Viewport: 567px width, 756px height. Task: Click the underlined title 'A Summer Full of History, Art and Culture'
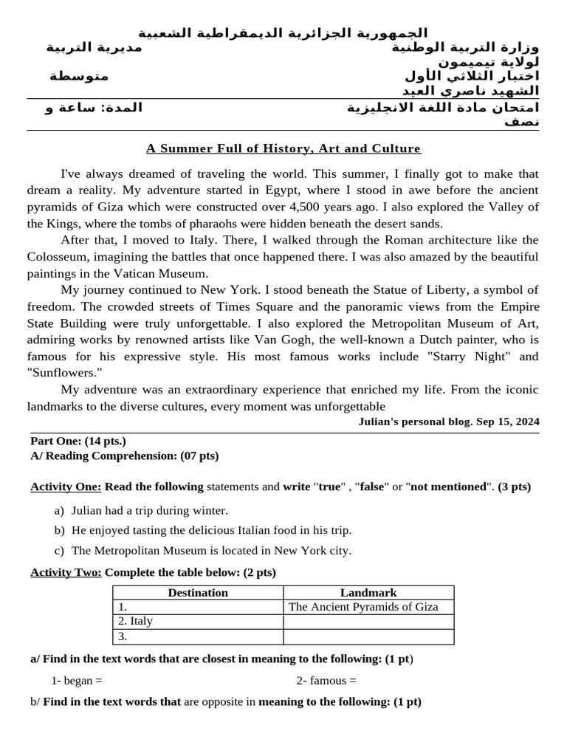click(x=283, y=148)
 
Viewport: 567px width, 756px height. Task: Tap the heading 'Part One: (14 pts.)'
click(x=78, y=441)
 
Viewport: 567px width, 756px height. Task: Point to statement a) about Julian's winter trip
click(x=149, y=510)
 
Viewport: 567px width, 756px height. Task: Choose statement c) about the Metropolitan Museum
click(x=210, y=550)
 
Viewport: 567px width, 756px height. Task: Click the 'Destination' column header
click(x=198, y=592)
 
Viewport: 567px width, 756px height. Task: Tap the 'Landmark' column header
click(x=368, y=592)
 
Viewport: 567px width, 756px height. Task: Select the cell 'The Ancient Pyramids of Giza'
click(x=363, y=607)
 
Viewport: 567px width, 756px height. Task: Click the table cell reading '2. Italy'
click(x=136, y=621)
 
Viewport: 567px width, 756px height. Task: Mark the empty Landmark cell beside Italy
click(x=368, y=621)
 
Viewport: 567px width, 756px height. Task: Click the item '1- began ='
click(x=77, y=681)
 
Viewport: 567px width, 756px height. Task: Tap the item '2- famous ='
click(x=326, y=681)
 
